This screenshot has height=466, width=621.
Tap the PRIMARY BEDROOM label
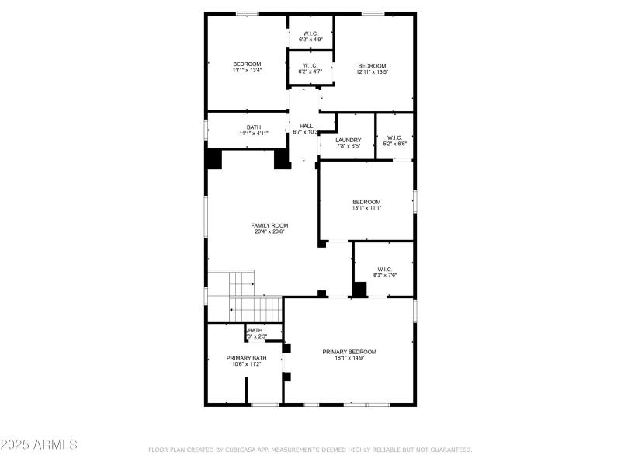point(349,352)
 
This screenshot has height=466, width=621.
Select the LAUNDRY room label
point(349,140)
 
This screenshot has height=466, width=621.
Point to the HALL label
point(306,126)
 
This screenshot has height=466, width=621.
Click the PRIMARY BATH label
point(246,358)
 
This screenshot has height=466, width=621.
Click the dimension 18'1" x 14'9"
point(349,358)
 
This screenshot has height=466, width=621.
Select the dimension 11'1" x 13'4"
point(247,71)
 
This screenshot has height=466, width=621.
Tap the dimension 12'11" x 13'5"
point(372,71)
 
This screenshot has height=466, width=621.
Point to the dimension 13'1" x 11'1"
point(366,207)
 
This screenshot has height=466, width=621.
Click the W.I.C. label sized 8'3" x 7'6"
point(386,269)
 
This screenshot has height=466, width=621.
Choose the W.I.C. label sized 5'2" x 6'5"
point(395,138)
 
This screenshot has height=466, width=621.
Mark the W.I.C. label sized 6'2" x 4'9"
point(310,33)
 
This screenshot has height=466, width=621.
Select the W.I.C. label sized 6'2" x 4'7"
point(310,65)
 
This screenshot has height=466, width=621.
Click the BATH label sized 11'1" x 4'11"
point(254,127)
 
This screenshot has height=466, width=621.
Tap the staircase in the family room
point(242,297)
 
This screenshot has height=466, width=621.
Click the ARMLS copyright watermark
point(39,445)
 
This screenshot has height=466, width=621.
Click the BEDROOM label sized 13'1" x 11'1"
point(366,201)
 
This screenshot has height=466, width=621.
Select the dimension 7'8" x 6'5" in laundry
point(349,146)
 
